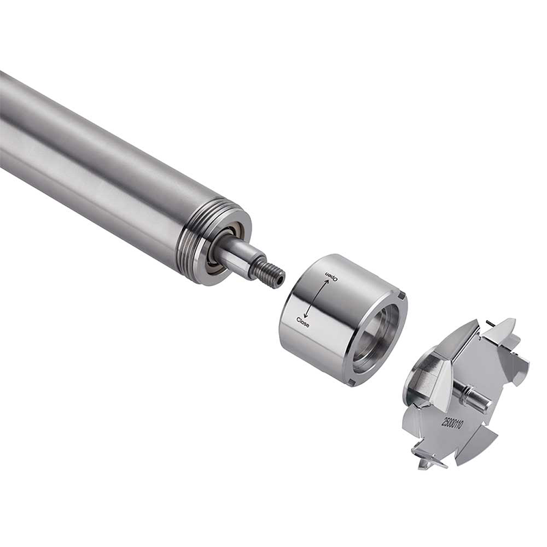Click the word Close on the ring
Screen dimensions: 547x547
tap(303, 322)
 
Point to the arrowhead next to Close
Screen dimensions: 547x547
tap(306, 315)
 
